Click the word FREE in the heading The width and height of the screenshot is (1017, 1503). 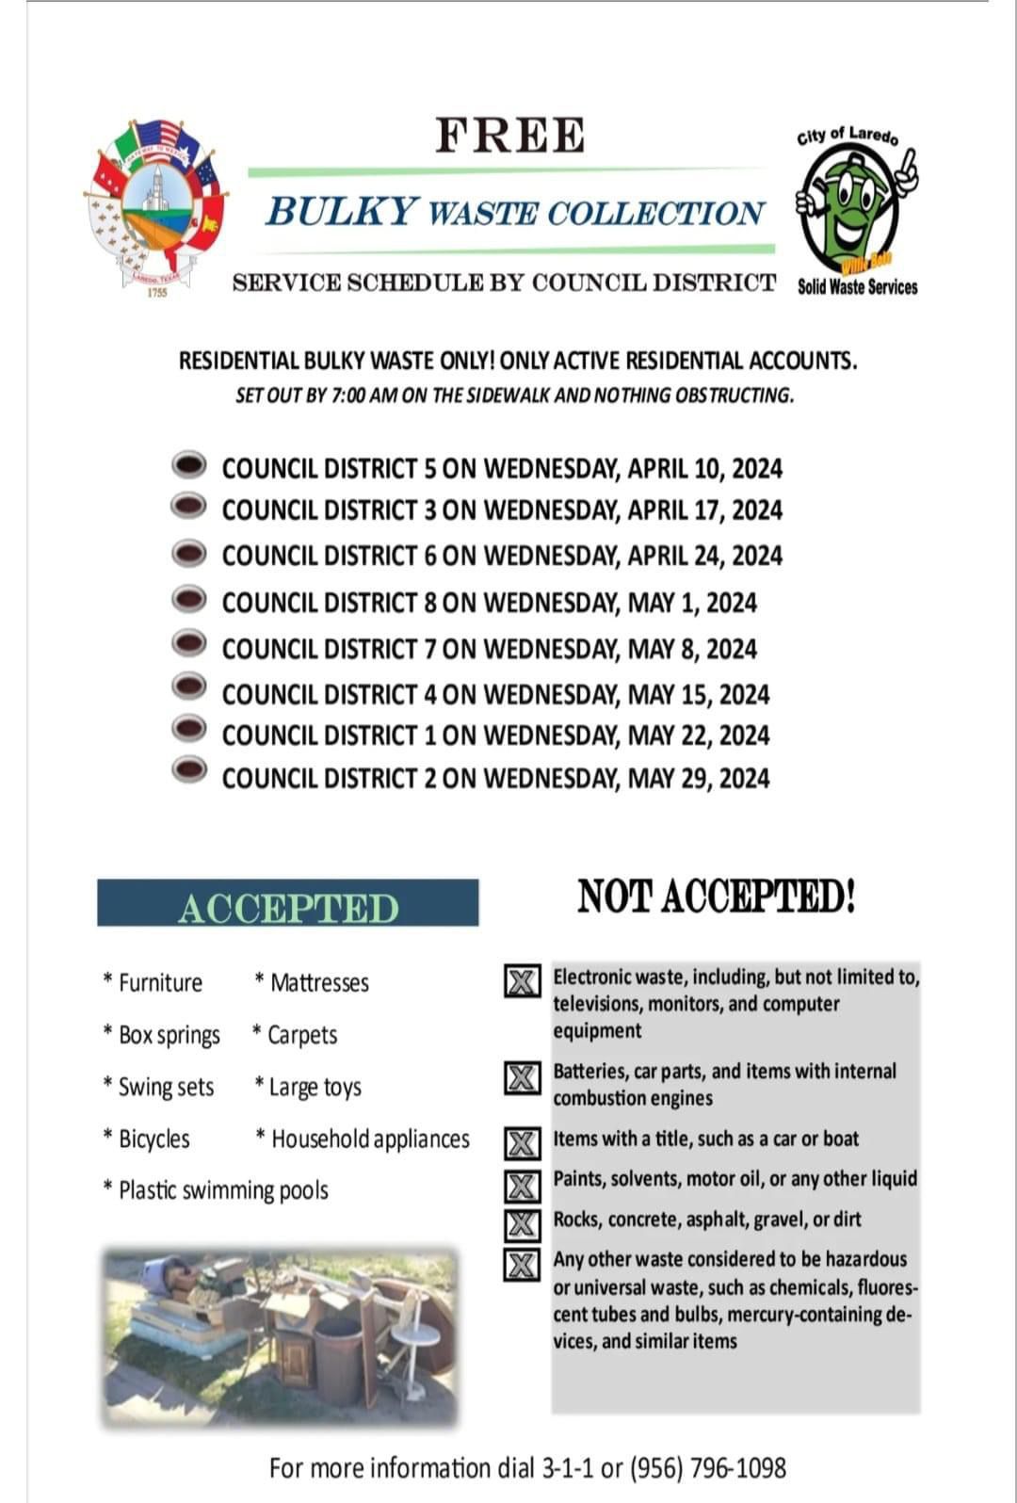tap(509, 136)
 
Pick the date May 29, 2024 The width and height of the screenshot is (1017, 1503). tap(698, 779)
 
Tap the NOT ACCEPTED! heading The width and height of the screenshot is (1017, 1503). tap(716, 896)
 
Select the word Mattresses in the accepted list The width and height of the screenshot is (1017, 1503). tap(319, 983)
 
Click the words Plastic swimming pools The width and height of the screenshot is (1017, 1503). tap(223, 1190)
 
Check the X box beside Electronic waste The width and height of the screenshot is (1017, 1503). tap(522, 981)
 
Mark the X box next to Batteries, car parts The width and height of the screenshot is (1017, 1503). tap(522, 1077)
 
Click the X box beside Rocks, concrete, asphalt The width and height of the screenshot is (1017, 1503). tap(522, 1223)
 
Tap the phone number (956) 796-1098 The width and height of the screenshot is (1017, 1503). tap(707, 1467)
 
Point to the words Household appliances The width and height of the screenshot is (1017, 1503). tap(370, 1139)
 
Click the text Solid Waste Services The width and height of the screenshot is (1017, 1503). tap(857, 287)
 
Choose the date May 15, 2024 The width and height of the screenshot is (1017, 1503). tap(698, 695)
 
